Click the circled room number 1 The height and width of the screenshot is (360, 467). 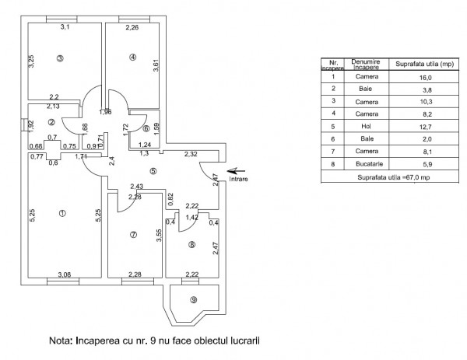tap(62, 212)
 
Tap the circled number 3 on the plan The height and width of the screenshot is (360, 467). tap(60, 58)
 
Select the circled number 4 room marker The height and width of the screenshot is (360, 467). tap(133, 57)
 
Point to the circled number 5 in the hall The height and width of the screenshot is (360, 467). tap(153, 172)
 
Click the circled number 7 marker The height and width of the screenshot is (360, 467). tap(134, 235)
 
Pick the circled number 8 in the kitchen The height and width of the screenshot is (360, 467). tap(191, 245)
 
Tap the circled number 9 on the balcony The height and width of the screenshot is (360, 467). tap(194, 300)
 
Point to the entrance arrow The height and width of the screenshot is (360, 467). tap(236, 170)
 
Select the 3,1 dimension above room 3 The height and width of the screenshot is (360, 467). tap(65, 27)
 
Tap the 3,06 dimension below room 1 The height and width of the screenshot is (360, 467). tap(65, 274)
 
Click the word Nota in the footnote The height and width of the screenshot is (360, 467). tap(62, 341)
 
